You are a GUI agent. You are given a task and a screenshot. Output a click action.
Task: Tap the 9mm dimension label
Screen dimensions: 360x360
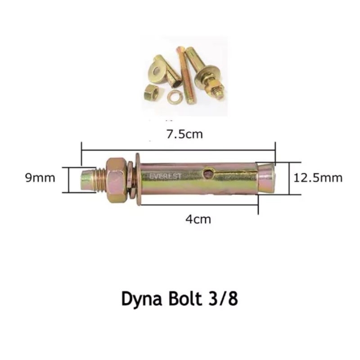[40, 178]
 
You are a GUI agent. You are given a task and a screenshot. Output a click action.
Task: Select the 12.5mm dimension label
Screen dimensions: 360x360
[318, 178]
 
